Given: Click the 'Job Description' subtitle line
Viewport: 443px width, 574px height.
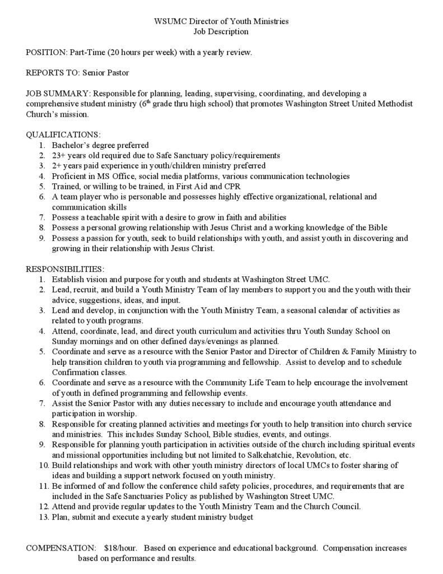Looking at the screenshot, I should [221, 32].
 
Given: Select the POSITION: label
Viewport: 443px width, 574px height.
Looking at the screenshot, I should [46, 52].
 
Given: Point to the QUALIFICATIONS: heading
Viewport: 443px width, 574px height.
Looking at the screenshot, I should [63, 135].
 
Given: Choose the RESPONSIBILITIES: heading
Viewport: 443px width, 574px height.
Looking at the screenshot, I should [65, 269].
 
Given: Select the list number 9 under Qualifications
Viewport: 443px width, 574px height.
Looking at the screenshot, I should [42, 238].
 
